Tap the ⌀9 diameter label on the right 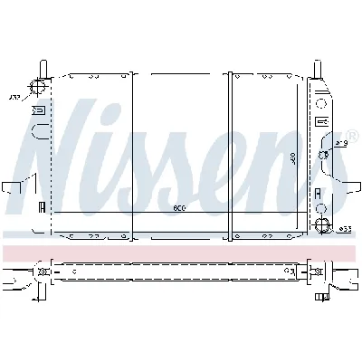tap(340, 142)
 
